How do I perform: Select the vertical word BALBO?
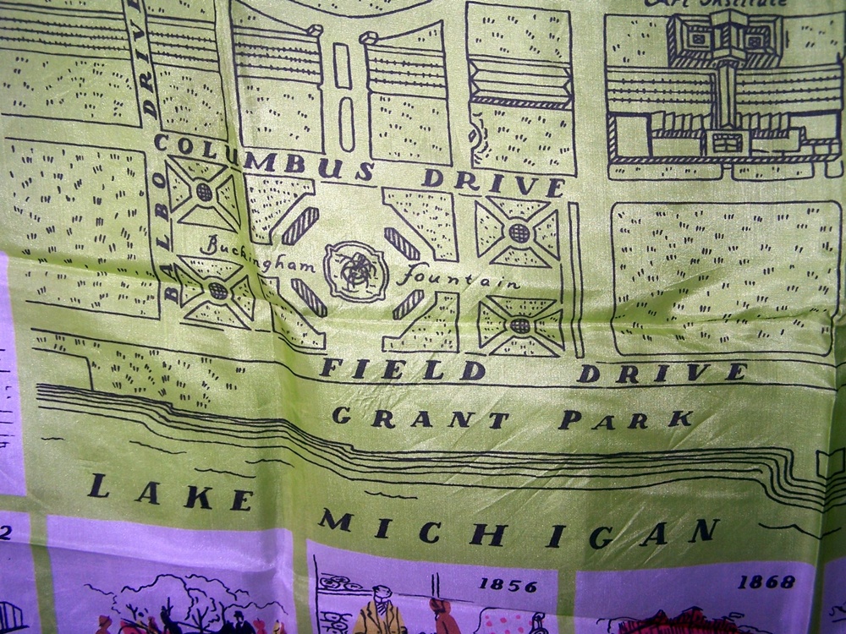coord(168,254)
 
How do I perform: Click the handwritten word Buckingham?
coord(258,249)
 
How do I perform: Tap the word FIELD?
coord(402,369)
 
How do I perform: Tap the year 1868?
coord(765,582)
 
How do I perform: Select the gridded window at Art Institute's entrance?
coord(726,142)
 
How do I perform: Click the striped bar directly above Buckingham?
coord(299,226)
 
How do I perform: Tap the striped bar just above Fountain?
coord(402,243)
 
